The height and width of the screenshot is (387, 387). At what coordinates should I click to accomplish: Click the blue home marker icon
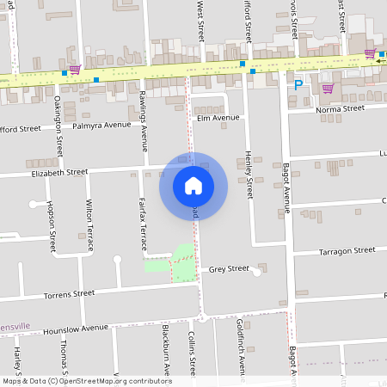coord(193,186)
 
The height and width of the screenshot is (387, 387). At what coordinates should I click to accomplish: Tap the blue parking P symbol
coord(298,85)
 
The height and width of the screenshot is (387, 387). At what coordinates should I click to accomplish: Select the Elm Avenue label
coord(218,118)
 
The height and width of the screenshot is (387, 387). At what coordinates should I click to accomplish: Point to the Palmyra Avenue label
coord(101,126)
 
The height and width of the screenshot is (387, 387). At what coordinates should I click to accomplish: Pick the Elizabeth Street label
coord(58,172)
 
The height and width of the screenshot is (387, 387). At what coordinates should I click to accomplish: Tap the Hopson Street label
coord(52,225)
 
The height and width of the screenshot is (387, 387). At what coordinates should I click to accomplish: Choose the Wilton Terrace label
coord(89,224)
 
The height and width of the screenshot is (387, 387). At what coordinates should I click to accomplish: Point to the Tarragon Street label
coord(347,250)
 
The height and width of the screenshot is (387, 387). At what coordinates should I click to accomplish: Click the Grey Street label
coord(229,269)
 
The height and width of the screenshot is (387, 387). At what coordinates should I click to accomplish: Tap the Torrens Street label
coord(69,294)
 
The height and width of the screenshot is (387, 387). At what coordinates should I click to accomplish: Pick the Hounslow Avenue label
coord(76,328)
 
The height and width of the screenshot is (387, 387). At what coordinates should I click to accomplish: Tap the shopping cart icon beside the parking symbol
coord(327,88)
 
